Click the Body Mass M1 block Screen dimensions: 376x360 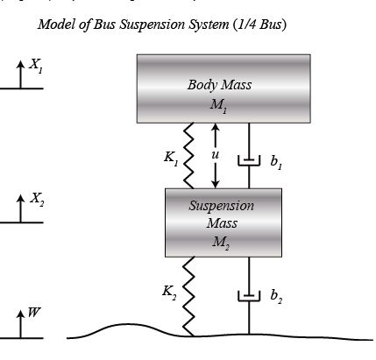click(x=223, y=88)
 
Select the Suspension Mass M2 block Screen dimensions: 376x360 click(x=223, y=222)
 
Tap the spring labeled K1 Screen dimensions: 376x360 click(x=188, y=156)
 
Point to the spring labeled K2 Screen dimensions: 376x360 click(x=188, y=296)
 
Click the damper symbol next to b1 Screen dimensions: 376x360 click(x=249, y=160)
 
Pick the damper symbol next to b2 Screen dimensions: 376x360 click(x=249, y=295)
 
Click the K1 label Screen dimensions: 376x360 click(x=171, y=159)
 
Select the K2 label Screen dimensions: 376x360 click(x=169, y=293)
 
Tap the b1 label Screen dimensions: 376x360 click(x=276, y=162)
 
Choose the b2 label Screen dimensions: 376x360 click(x=276, y=297)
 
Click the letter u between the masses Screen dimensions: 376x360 click(x=216, y=155)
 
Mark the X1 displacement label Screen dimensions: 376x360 click(x=36, y=66)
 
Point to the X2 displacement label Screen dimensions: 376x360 click(x=37, y=200)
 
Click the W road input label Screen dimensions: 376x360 click(x=34, y=313)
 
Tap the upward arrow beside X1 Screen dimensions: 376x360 click(x=20, y=74)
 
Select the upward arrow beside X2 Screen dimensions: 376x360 click(x=20, y=208)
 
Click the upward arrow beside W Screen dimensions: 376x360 click(x=20, y=324)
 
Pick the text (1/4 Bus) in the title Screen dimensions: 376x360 click(x=259, y=25)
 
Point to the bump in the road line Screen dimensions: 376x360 click(x=129, y=324)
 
